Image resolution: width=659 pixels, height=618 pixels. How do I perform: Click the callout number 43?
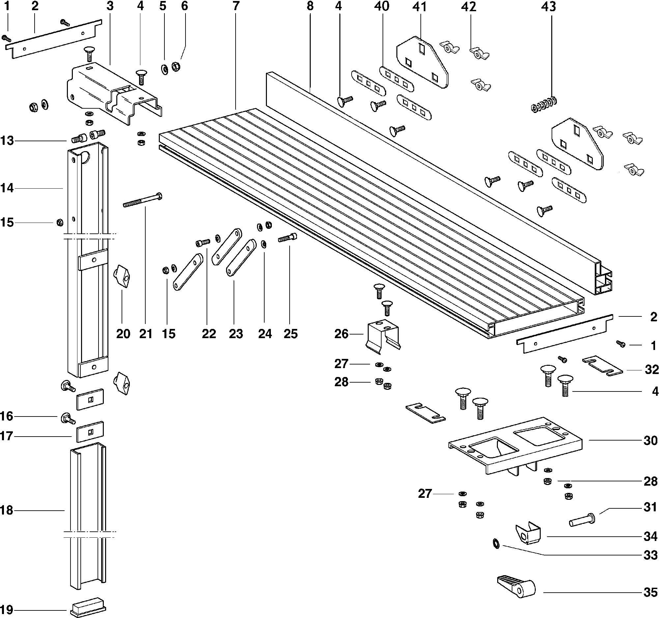click(x=548, y=7)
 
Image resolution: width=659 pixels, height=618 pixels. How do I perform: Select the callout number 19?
click(x=7, y=610)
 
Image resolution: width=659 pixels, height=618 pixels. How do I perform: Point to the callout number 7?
click(x=236, y=6)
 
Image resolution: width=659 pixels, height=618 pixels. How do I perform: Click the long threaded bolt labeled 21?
click(x=142, y=201)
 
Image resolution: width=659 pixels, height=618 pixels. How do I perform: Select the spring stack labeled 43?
click(x=544, y=104)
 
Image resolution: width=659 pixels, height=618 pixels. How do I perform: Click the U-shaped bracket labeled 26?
click(x=383, y=335)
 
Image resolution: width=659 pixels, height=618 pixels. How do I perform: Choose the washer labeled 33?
click(x=496, y=544)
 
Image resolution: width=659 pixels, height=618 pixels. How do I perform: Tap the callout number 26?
click(x=341, y=334)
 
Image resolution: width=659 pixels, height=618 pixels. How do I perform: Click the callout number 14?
click(x=7, y=188)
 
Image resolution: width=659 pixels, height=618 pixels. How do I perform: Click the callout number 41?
click(x=419, y=7)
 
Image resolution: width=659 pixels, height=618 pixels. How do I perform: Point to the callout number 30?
click(x=650, y=440)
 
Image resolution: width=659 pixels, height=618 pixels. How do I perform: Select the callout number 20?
click(x=123, y=334)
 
